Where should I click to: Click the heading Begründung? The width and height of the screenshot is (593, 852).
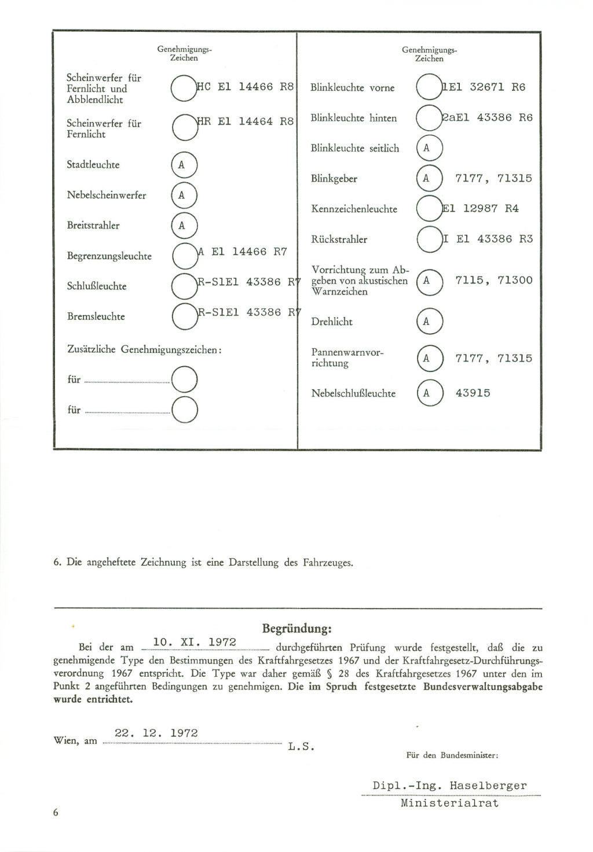point(297,628)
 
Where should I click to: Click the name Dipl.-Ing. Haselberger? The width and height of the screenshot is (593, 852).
point(450,785)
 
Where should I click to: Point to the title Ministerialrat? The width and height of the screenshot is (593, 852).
point(449,803)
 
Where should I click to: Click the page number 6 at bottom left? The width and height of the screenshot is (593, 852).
point(56,813)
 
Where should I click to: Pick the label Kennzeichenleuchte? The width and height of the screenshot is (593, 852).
point(354,209)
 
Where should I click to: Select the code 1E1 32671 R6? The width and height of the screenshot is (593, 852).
point(484,87)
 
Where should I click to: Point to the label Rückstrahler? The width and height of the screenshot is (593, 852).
point(339,239)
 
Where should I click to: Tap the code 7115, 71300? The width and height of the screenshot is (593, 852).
point(493,281)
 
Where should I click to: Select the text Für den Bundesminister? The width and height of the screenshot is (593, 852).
point(452,755)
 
